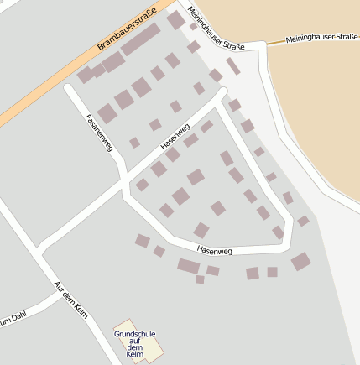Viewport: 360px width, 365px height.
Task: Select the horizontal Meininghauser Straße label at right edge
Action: pos(321,38)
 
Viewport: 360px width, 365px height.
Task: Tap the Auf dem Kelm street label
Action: pos(70,300)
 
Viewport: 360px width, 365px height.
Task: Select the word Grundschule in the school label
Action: pos(135,334)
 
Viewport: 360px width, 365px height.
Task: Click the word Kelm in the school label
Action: pos(135,356)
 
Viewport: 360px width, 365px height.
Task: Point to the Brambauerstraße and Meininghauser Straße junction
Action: pos(174,7)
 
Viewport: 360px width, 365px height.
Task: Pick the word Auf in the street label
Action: pos(59,286)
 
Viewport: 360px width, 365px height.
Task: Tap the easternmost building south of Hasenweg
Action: pos(300,261)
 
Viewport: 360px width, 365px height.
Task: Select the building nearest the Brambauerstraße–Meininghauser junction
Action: pos(175,19)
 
